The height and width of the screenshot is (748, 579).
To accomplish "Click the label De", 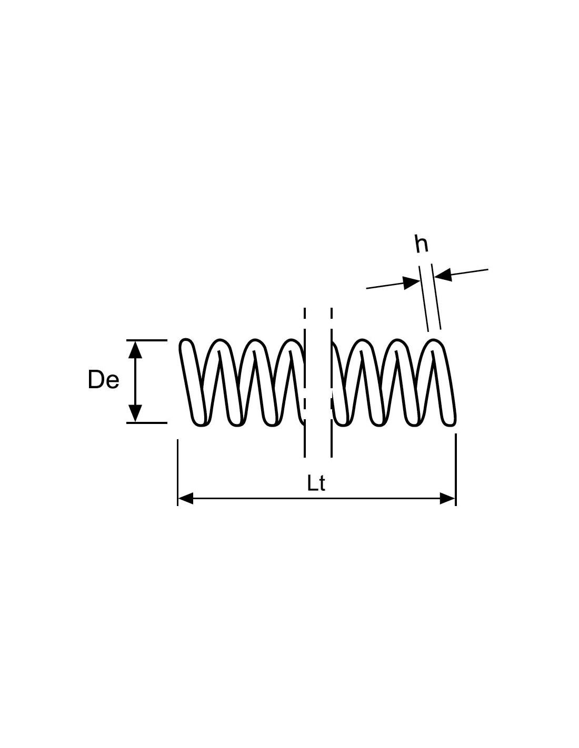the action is coord(103,379).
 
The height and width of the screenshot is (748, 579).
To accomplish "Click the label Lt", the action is coord(315,483).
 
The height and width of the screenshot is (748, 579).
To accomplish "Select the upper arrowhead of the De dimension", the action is coord(135,350).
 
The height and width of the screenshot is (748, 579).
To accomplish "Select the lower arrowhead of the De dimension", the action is coord(135,413).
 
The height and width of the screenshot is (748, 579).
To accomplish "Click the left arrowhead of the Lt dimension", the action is coord(185,498).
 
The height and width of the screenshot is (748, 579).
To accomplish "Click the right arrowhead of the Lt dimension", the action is coord(447,498).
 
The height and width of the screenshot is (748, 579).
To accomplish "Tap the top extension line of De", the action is coord(147,340).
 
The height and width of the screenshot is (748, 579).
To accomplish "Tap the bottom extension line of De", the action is coord(147,423).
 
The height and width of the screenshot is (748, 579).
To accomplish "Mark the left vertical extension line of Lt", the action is coord(177,472).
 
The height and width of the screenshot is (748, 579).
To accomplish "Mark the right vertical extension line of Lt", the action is coord(456,470).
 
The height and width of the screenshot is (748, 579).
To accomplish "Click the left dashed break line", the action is coord(304,382).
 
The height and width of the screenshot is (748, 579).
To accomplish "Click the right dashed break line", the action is coord(332,382).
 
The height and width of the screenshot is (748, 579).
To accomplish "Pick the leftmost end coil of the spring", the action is coord(193,382).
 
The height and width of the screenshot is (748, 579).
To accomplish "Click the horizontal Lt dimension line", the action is coord(316,498).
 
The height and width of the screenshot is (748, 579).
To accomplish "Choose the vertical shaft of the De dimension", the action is coord(135,381).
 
